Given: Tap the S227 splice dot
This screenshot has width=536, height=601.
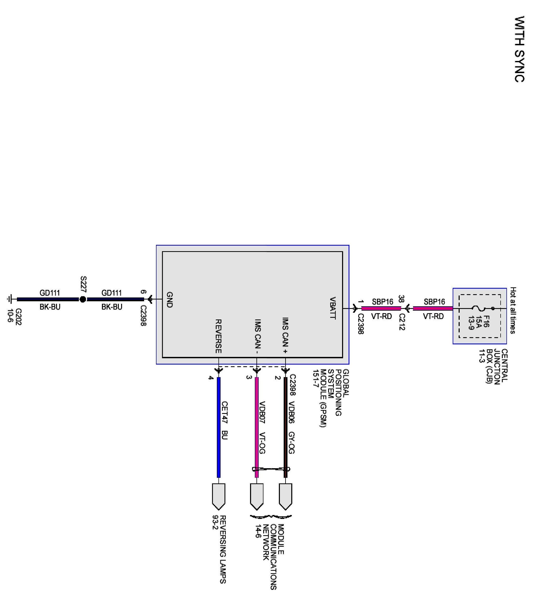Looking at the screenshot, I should (x=83, y=299).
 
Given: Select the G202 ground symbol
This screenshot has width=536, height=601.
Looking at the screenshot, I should (x=10, y=299).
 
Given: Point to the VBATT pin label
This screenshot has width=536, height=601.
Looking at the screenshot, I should (x=332, y=308).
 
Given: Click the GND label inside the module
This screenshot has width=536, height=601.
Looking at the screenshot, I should (x=170, y=300).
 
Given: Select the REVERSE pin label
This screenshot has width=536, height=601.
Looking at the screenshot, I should (x=218, y=336).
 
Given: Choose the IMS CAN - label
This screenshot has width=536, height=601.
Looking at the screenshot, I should (x=258, y=336).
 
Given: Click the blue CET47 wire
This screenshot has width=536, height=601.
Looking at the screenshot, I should (x=218, y=427).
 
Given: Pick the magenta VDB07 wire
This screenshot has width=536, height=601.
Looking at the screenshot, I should (x=257, y=427).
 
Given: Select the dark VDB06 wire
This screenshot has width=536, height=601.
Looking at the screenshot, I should (x=285, y=427).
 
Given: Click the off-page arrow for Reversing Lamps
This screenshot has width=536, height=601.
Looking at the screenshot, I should (x=218, y=497).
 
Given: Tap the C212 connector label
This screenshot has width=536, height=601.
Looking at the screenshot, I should (x=402, y=322).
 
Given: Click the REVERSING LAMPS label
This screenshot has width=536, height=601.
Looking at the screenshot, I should (x=223, y=549).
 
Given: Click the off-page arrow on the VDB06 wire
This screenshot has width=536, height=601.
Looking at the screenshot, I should (x=285, y=497).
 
